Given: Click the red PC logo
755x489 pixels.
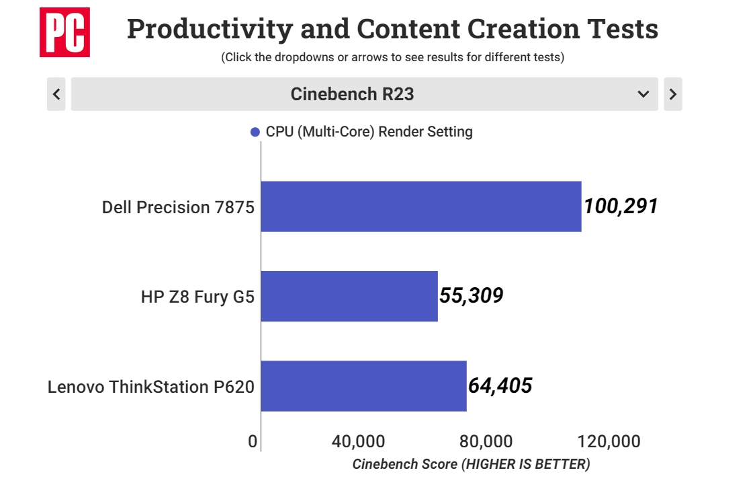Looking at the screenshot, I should tap(64, 32).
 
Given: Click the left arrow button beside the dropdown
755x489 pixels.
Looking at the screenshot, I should tap(56, 94).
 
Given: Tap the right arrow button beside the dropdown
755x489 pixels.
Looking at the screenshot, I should tap(672, 94).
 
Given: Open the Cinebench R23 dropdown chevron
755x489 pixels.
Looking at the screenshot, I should tap(643, 94).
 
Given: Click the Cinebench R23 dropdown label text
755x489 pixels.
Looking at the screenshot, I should tap(352, 94).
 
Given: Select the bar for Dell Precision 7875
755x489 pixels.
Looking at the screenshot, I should tap(420, 206).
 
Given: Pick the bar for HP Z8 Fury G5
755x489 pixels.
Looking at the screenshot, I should tap(349, 296).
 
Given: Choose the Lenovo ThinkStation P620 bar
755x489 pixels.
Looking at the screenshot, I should tap(363, 386).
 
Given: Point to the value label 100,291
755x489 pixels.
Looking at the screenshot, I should tap(621, 206).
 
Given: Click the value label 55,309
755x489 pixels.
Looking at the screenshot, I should tap(471, 295).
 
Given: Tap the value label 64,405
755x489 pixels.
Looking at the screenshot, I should tap(500, 385).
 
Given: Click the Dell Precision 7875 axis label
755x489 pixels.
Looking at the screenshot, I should tap(178, 207).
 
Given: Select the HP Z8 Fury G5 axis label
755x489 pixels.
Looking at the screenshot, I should tap(197, 297).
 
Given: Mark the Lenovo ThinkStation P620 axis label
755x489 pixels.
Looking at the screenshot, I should tap(151, 387).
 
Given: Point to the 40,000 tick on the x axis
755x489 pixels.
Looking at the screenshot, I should tap(358, 442).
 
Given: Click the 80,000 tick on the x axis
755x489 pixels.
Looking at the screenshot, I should tap(486, 442).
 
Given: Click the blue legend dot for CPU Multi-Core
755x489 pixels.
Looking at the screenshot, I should tap(255, 133).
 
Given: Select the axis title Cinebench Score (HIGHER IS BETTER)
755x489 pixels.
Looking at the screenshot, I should tap(471, 464).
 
